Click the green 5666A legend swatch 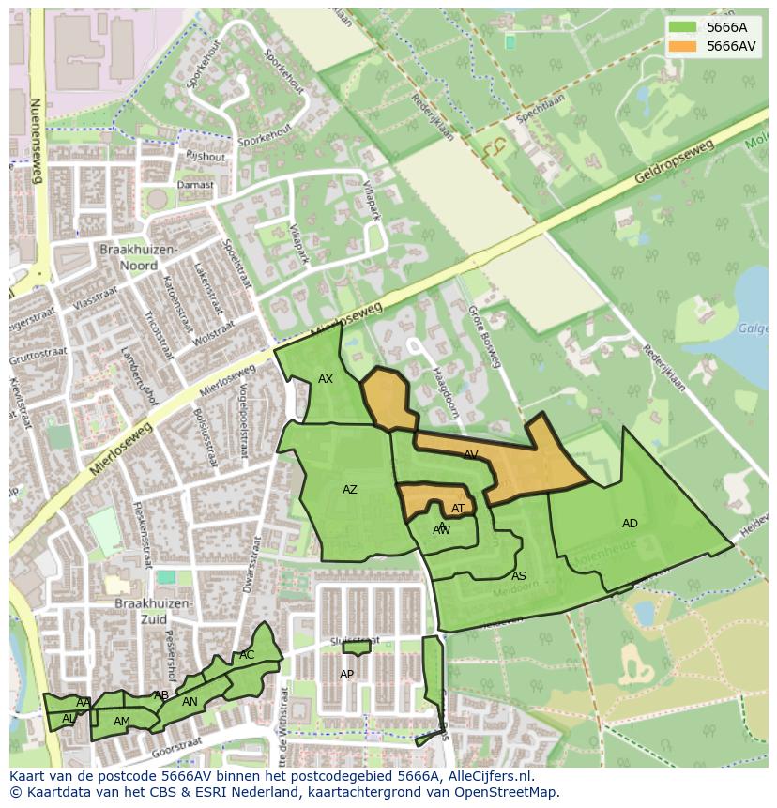click(x=683, y=26)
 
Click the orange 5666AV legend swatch click(x=683, y=46)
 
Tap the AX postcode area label click(x=326, y=379)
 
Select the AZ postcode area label click(x=350, y=490)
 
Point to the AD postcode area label click(x=630, y=524)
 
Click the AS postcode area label click(x=519, y=576)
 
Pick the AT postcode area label click(x=458, y=509)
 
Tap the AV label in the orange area click(x=471, y=454)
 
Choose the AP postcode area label click(x=347, y=675)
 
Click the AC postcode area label click(x=247, y=655)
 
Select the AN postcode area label click(x=190, y=702)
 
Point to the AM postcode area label click(x=122, y=722)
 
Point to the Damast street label click(x=196, y=185)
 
